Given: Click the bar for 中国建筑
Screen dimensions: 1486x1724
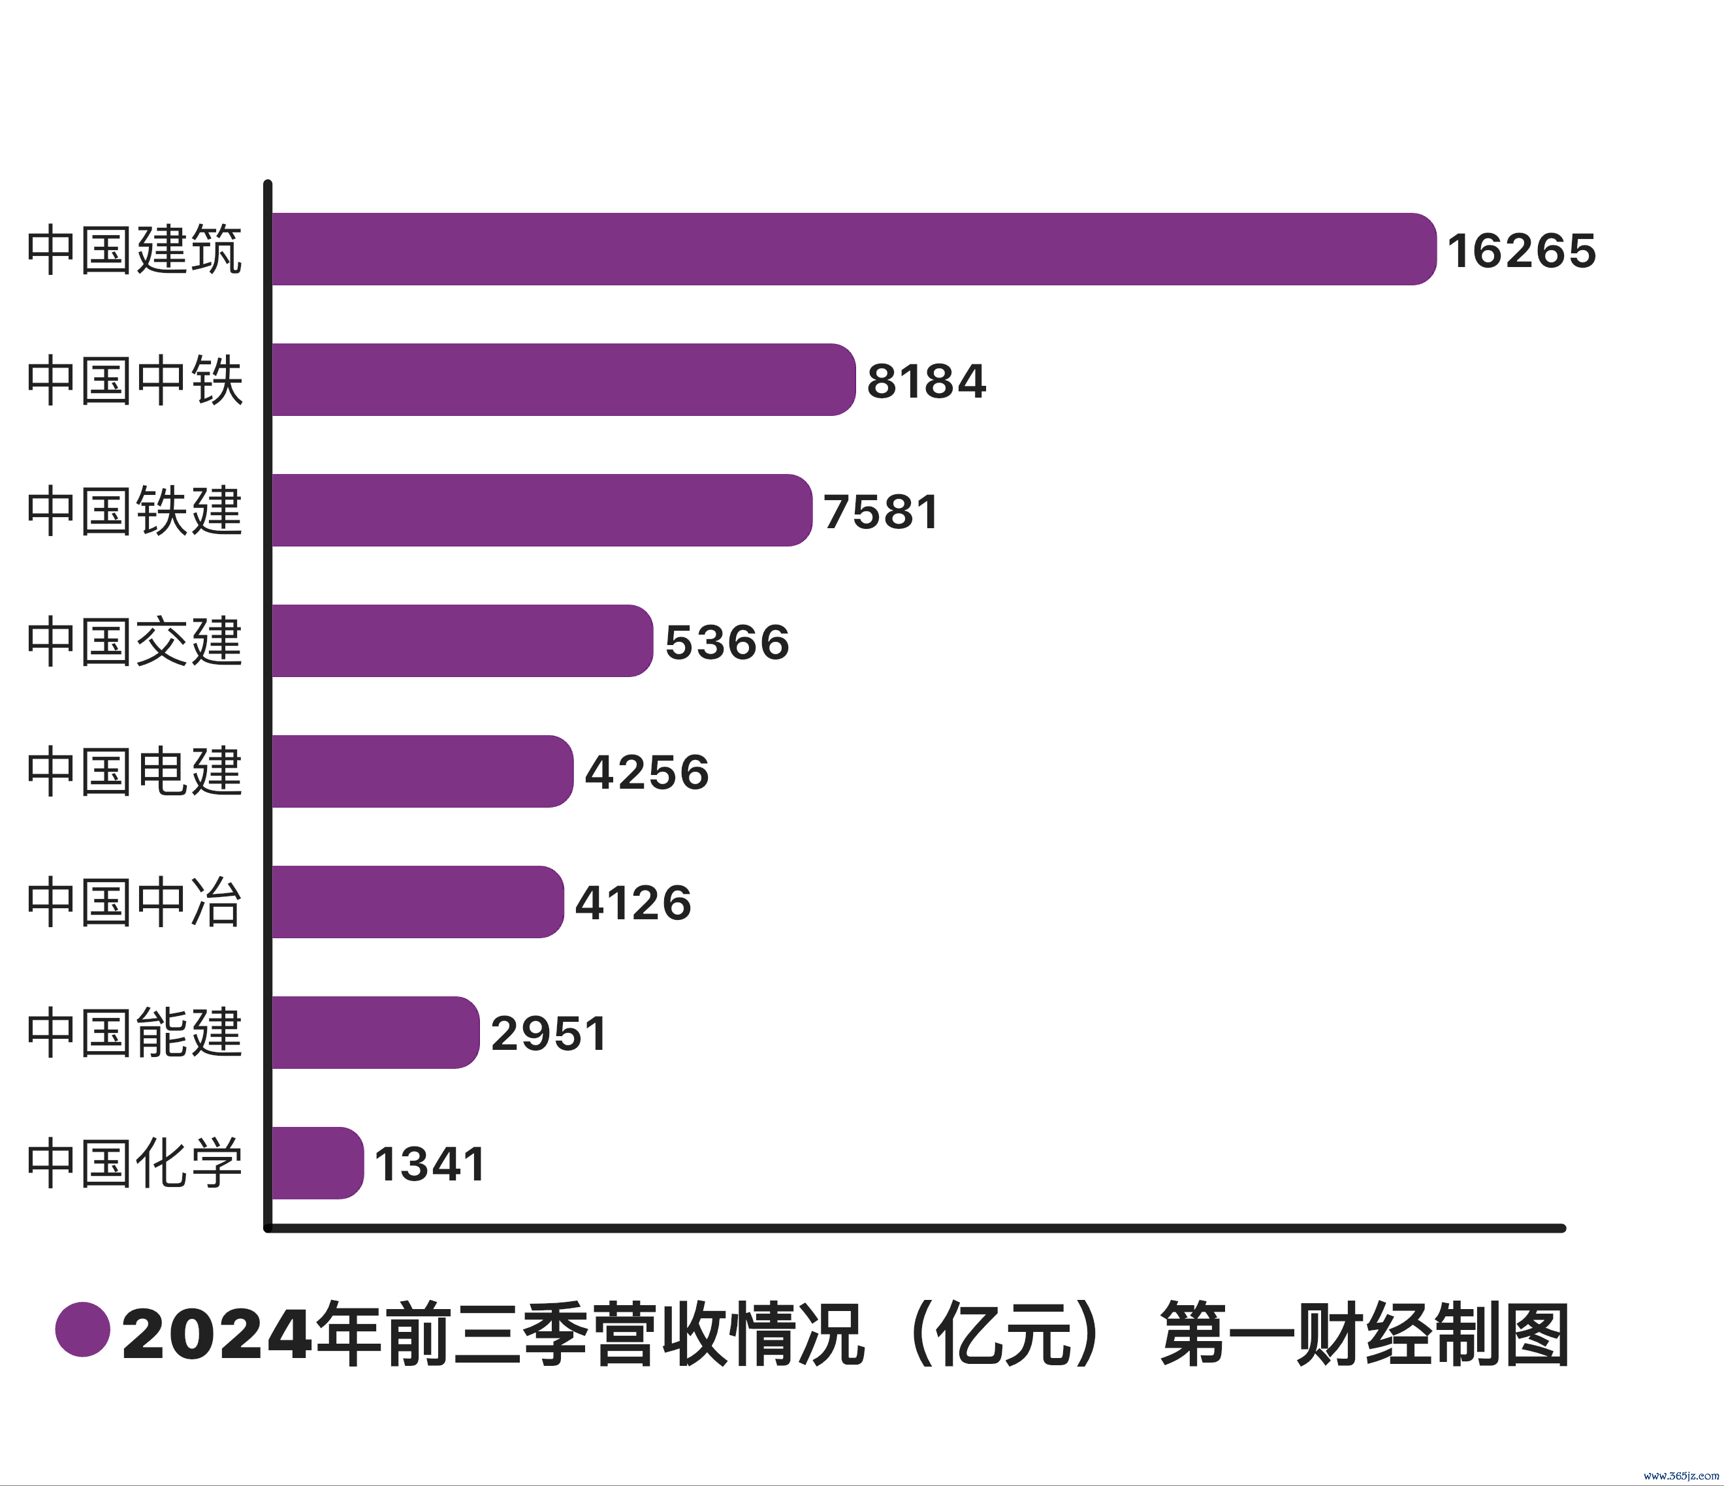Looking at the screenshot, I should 853,249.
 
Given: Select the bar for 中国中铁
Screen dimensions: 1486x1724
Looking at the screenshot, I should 562,379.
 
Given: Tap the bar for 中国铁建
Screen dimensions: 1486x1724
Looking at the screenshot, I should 541,510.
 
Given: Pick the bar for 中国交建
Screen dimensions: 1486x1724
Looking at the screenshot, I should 462,640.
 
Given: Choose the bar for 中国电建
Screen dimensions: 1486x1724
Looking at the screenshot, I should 422,771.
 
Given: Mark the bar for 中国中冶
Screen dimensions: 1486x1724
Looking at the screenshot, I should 417,902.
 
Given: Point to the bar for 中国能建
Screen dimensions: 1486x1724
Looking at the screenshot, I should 374,1032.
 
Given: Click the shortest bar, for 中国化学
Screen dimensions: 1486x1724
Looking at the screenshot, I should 317,1163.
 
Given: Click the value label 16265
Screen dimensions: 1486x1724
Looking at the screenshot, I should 1521,251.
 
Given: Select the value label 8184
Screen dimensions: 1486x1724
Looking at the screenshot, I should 926,381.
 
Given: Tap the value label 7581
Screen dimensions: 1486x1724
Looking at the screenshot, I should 881,512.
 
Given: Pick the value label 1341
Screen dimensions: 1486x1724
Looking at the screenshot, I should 429,1164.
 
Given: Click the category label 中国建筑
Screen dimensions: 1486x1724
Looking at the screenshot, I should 135,249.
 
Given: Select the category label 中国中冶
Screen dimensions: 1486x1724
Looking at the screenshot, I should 135,903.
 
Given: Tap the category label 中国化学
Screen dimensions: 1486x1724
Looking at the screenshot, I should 135,1164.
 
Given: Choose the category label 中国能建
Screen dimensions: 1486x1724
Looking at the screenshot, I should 135,1034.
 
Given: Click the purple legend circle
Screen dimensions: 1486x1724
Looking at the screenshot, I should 83,1329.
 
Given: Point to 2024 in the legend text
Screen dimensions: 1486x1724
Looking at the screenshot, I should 217,1335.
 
